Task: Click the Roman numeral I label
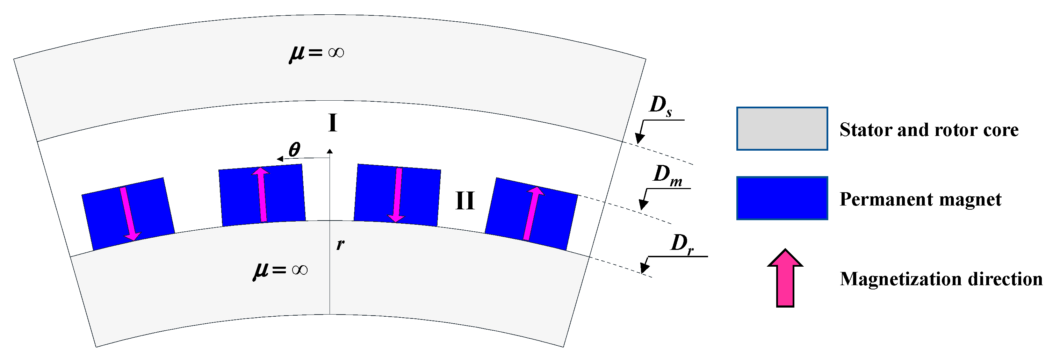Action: click(333, 123)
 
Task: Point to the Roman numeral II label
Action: click(465, 201)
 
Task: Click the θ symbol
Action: click(294, 150)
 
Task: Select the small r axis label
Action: click(340, 244)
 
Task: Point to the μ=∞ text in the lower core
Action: click(280, 270)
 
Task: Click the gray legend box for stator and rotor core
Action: click(782, 129)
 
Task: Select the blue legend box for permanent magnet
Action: click(782, 198)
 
